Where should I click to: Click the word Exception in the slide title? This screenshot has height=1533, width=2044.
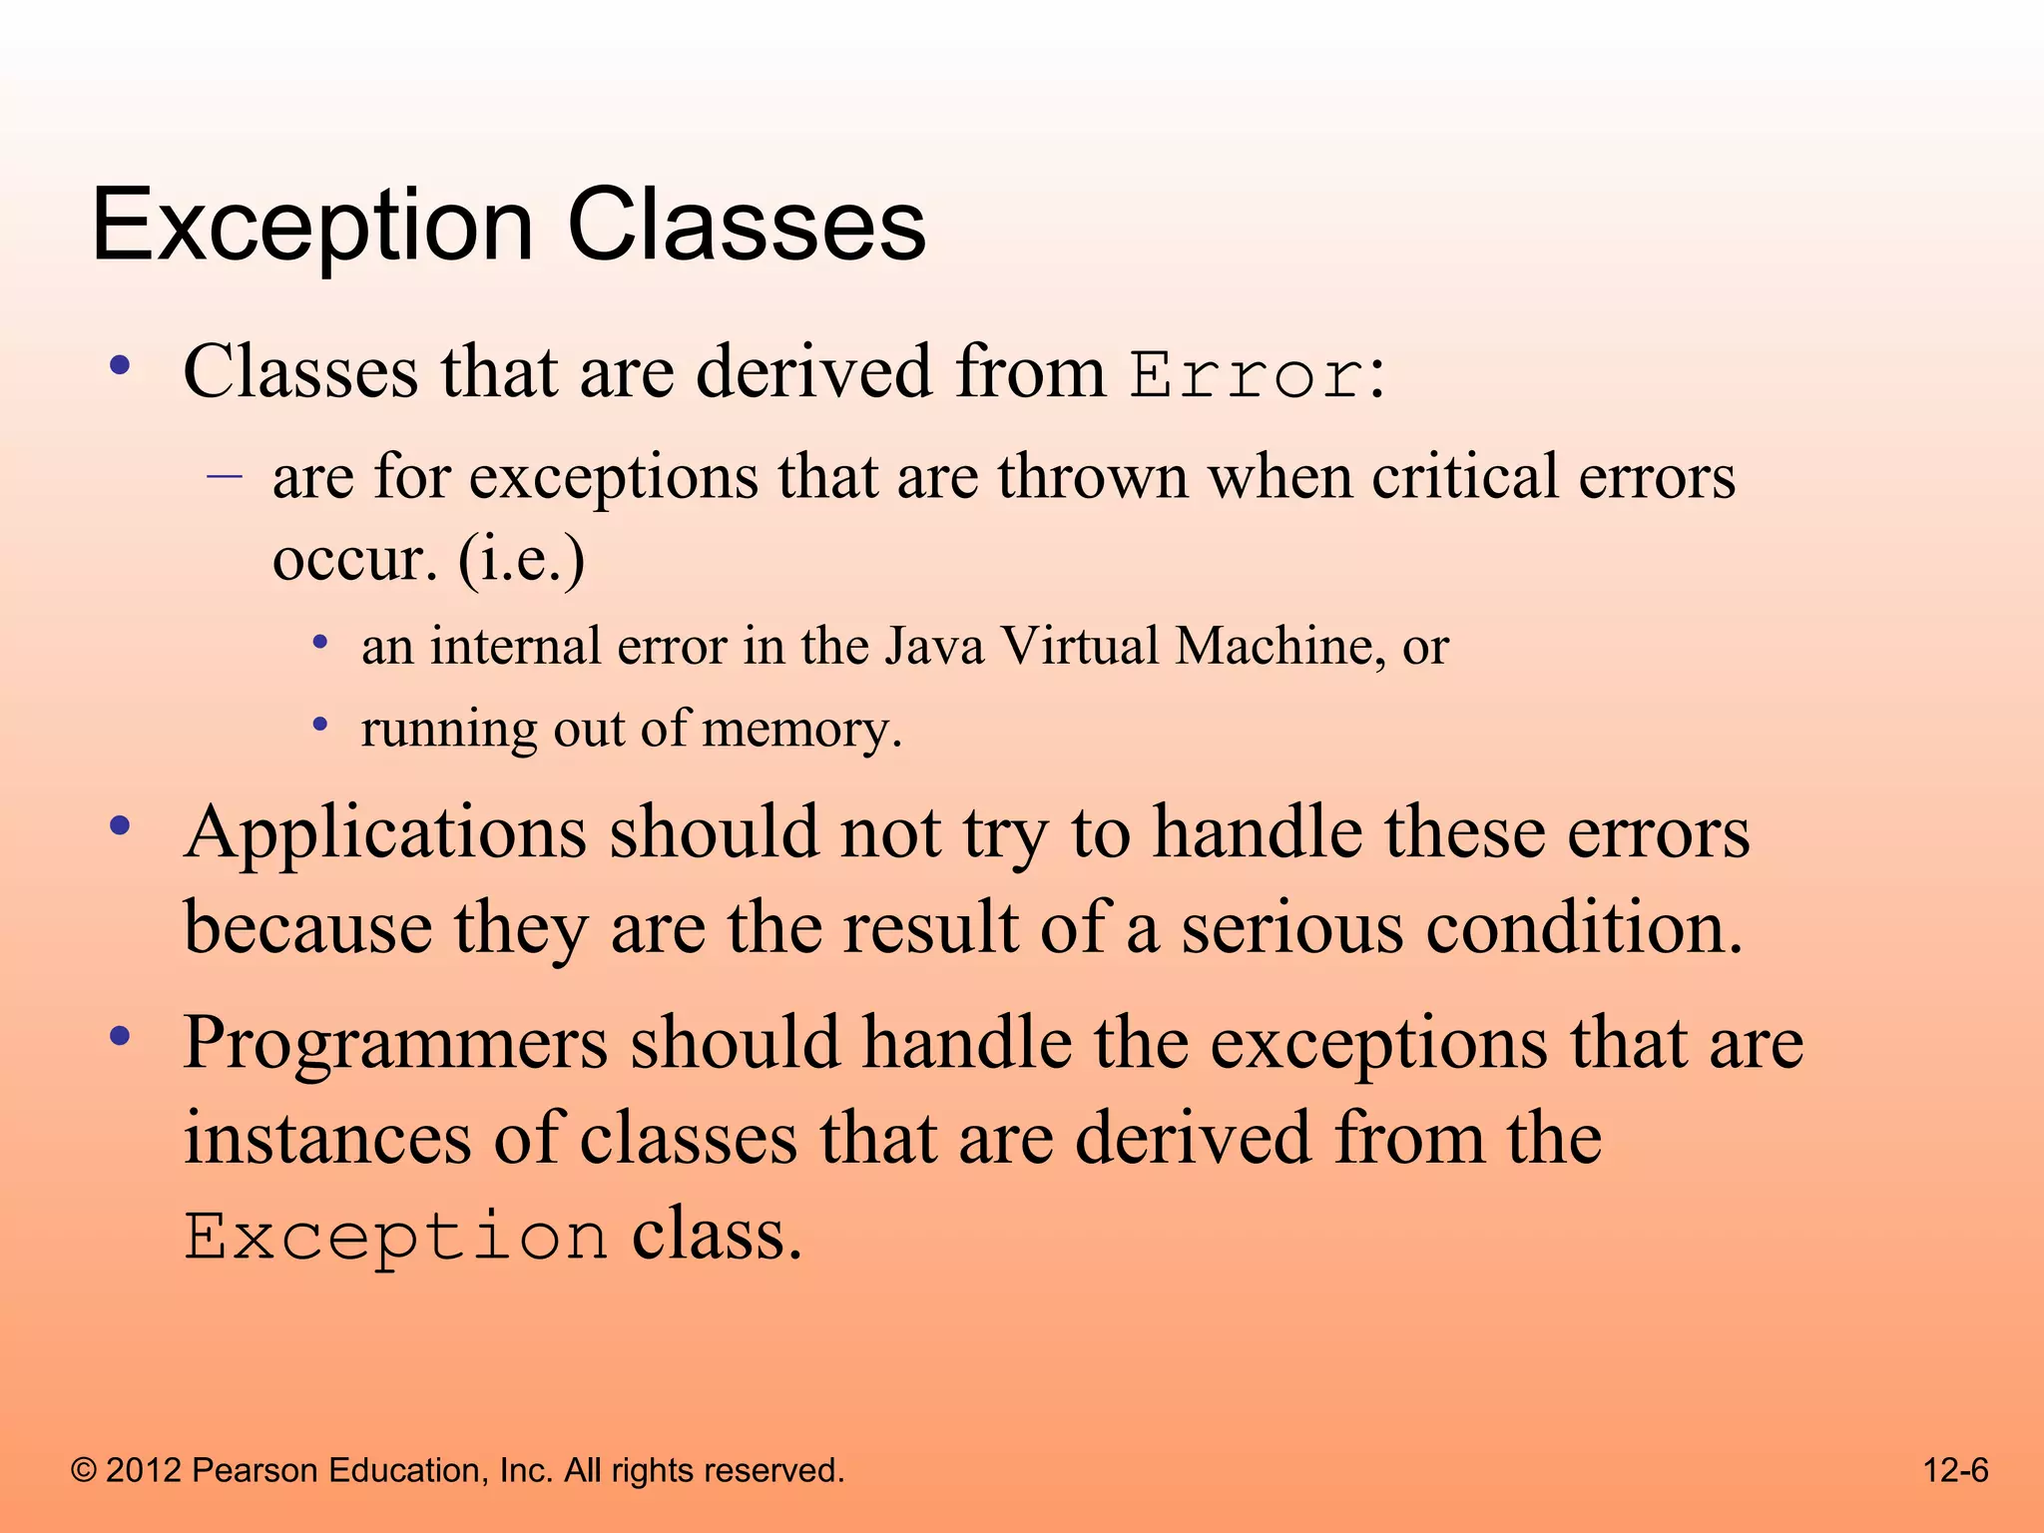tap(311, 228)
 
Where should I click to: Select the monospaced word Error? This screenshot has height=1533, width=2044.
tap(1247, 377)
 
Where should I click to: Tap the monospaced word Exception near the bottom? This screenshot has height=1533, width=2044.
tap(396, 1238)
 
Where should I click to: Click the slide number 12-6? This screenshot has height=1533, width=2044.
tap(1955, 1470)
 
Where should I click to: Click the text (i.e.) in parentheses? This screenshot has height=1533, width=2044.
tap(521, 559)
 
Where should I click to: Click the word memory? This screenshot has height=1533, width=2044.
tap(801, 729)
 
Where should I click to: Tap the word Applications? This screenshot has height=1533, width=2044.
tap(385, 834)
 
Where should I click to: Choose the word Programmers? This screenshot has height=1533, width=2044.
tap(395, 1044)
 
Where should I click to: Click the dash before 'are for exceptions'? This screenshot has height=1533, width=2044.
tap(225, 476)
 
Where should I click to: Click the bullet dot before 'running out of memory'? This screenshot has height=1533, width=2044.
tap(319, 725)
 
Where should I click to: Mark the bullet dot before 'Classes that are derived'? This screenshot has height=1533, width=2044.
tap(120, 367)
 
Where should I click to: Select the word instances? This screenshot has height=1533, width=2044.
tap(327, 1140)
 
